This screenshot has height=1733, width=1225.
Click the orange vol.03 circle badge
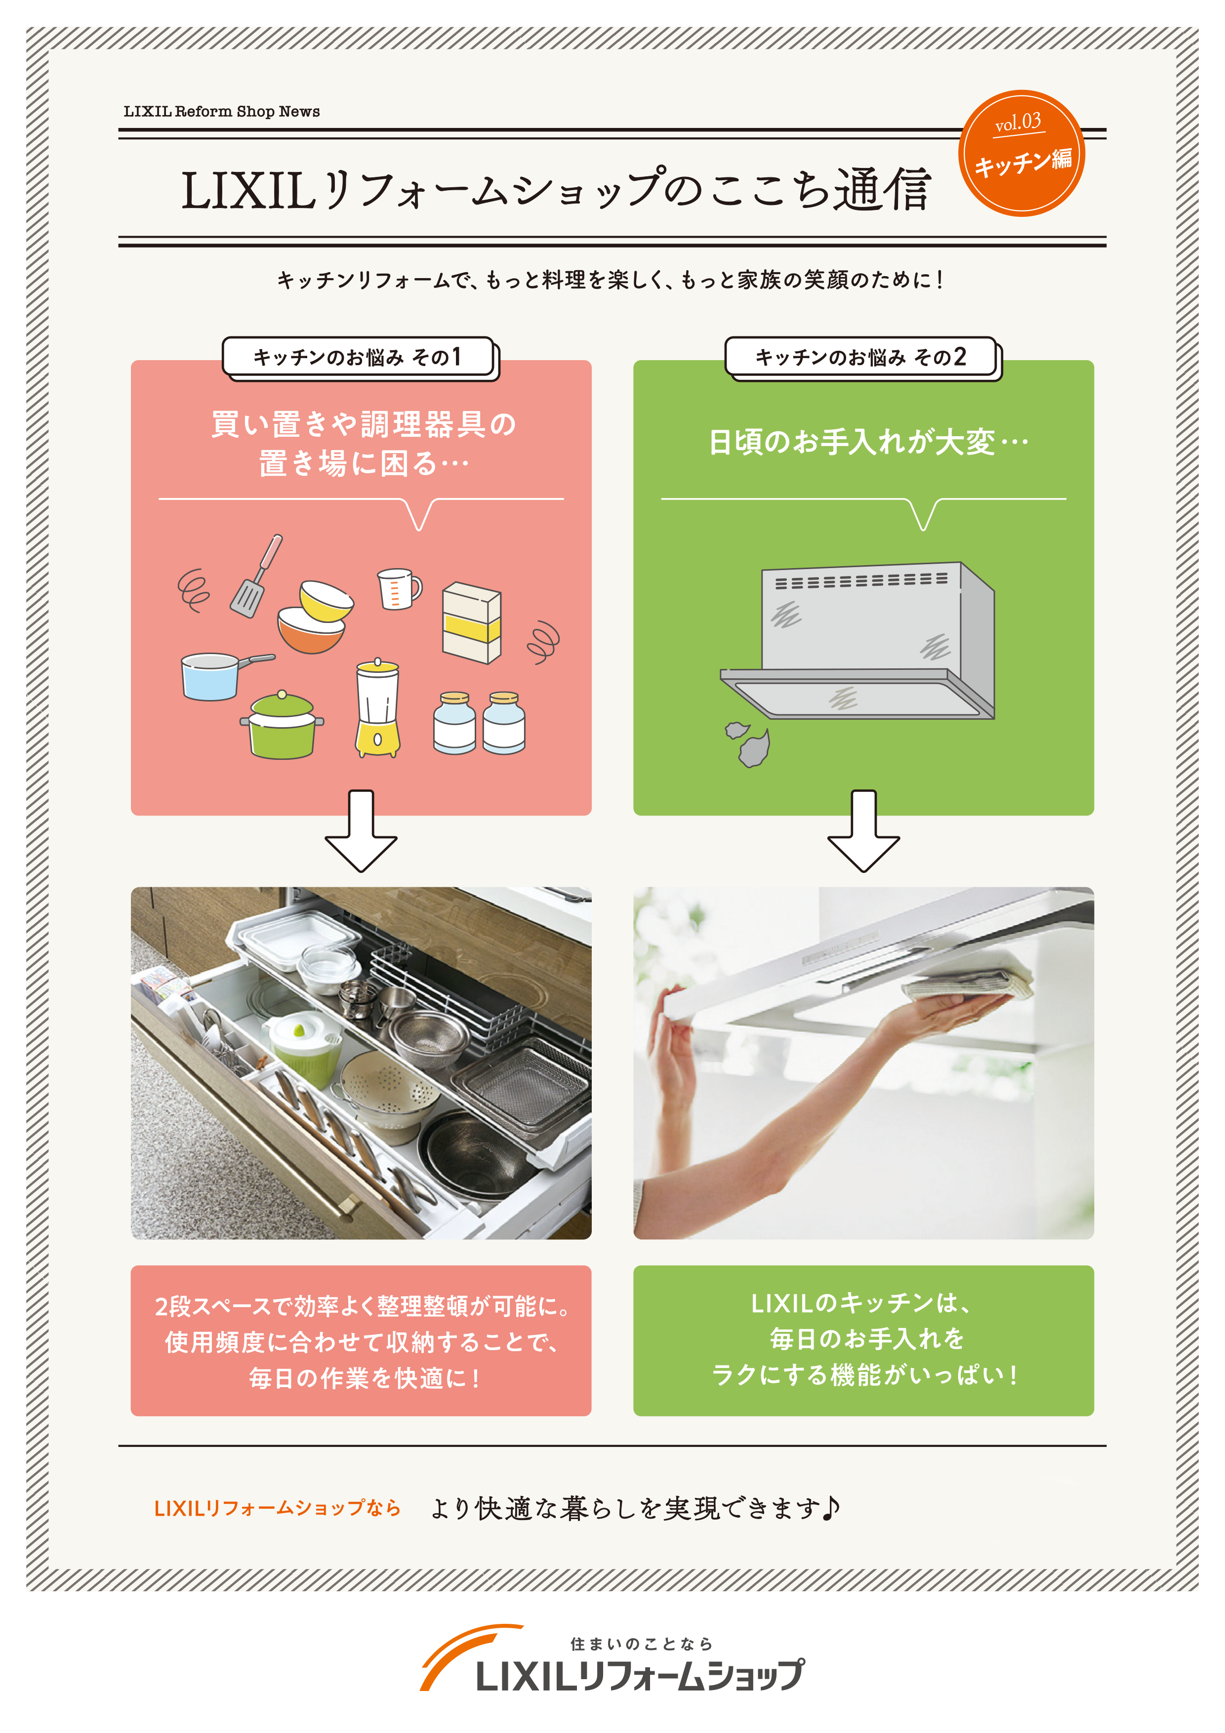[x=1021, y=153]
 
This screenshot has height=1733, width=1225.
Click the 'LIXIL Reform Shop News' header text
[x=221, y=112]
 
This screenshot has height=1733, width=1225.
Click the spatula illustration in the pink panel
[x=254, y=578]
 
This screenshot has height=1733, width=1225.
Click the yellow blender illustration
[x=377, y=708]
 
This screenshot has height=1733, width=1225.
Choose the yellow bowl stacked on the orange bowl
[x=326, y=600]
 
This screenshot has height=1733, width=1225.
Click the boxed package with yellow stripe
[x=471, y=622]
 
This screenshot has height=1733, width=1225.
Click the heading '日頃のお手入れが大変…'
[x=867, y=442]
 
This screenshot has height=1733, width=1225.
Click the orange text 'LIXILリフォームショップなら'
[x=277, y=1508]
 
